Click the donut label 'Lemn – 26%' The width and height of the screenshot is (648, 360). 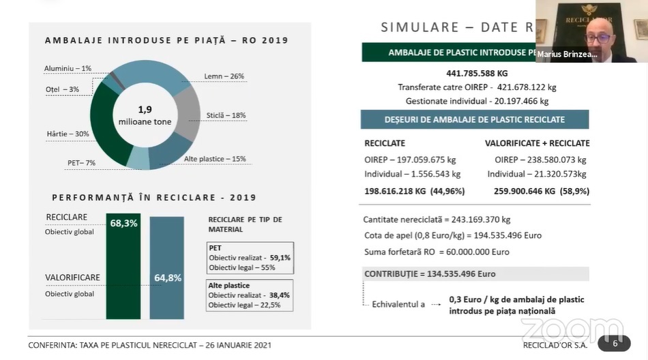click(x=224, y=76)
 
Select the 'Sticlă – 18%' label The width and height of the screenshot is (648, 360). click(x=226, y=115)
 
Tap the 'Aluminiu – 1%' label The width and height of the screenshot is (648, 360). click(x=68, y=68)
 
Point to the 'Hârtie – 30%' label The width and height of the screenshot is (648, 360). click(x=68, y=134)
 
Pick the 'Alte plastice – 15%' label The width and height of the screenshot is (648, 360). click(x=215, y=159)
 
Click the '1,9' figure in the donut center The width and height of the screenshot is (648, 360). click(x=145, y=109)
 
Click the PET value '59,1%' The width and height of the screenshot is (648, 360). click(x=280, y=258)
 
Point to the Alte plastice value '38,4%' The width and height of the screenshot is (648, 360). click(x=279, y=295)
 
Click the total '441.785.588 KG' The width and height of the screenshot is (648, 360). click(x=477, y=73)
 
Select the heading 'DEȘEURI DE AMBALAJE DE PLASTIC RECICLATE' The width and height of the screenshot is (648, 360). click(x=475, y=119)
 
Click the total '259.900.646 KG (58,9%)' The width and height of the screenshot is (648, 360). click(x=537, y=191)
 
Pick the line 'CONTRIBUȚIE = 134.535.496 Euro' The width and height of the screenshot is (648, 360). click(x=430, y=274)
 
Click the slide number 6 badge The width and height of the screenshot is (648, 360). click(x=614, y=343)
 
